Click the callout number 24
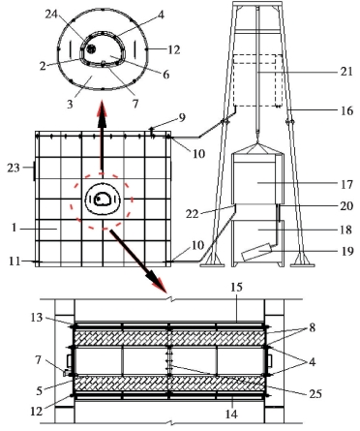coord(52,15)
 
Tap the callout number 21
coord(346,71)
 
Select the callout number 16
coord(346,110)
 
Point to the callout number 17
coord(346,184)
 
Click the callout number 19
coord(346,251)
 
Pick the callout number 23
coord(14,168)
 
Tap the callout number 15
coord(236,288)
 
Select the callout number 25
coord(315,393)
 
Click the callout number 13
coord(36,318)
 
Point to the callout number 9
coord(182,118)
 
